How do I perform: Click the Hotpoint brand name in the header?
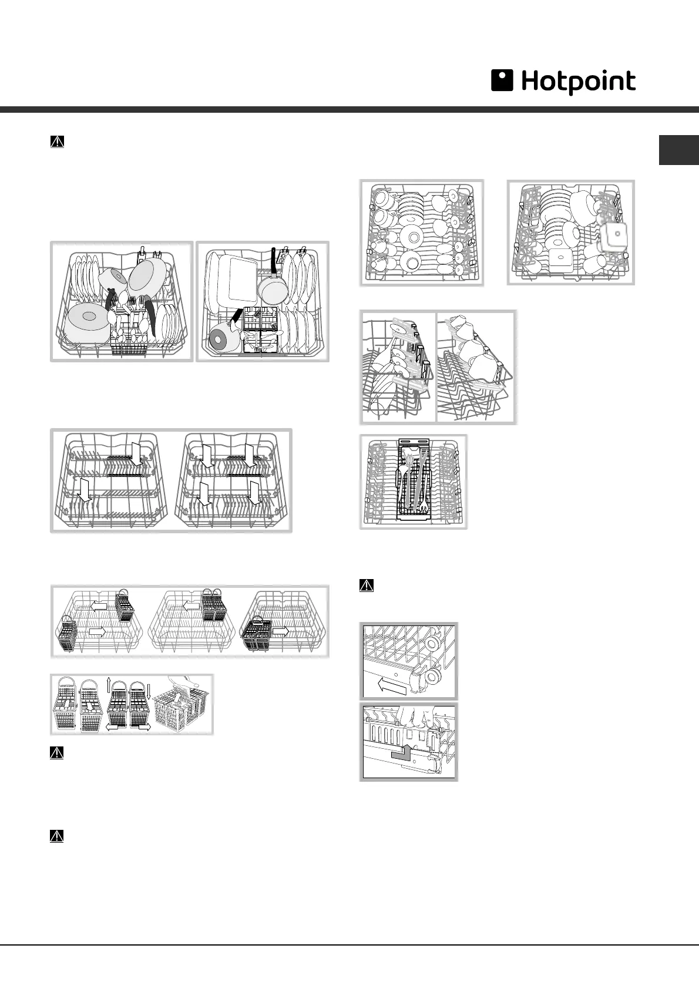click(x=578, y=83)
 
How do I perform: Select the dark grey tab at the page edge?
click(x=678, y=150)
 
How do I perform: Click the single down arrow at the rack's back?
click(x=136, y=454)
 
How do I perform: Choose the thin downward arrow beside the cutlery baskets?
click(x=148, y=688)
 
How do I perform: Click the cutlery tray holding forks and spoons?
click(x=415, y=480)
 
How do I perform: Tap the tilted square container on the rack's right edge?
click(x=613, y=234)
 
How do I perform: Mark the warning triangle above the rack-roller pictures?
click(x=366, y=586)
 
